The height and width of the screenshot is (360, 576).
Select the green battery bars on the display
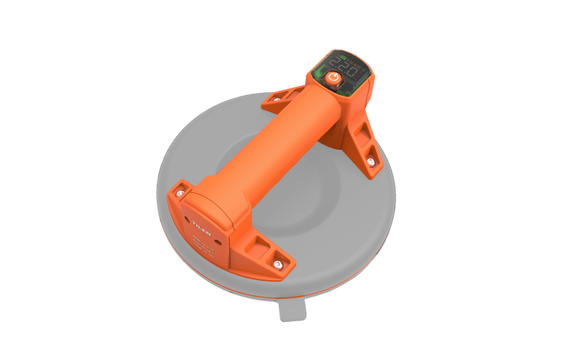(x=343, y=58)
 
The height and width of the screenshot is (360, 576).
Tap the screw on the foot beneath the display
(x=370, y=162)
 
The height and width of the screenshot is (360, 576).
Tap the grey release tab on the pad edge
(x=292, y=309)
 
